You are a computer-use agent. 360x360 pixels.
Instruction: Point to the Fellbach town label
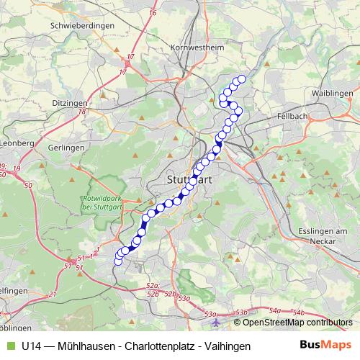point(292,116)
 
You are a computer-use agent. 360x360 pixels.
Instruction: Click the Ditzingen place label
point(70,103)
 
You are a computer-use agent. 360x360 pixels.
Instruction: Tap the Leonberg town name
point(16,143)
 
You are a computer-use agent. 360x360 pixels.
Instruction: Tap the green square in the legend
point(9,346)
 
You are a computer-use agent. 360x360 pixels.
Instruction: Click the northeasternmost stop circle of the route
point(242,79)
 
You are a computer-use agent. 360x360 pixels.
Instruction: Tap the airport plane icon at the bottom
point(192,314)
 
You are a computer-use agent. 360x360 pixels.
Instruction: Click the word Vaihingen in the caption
point(225,346)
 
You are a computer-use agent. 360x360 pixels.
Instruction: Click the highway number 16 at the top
point(152,13)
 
